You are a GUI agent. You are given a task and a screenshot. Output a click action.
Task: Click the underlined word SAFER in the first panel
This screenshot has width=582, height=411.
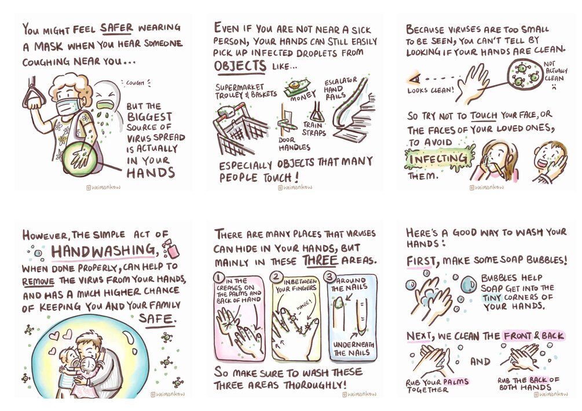click(116, 28)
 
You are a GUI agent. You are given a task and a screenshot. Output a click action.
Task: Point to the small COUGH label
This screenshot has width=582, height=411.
click(135, 83)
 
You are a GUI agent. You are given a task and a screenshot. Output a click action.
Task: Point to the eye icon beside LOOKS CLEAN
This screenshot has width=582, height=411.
click(415, 79)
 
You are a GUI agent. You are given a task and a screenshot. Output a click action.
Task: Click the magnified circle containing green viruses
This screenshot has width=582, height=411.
click(525, 73)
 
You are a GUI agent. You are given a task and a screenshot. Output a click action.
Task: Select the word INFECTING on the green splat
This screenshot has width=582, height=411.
click(438, 159)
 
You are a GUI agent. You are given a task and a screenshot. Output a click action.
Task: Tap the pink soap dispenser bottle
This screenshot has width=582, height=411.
click(172, 248)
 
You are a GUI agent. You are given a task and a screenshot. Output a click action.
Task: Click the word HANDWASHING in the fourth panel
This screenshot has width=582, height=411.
click(103, 251)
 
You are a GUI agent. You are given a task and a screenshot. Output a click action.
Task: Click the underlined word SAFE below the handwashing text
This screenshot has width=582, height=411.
click(156, 319)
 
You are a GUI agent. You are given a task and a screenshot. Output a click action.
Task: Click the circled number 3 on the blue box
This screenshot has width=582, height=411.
click(330, 277)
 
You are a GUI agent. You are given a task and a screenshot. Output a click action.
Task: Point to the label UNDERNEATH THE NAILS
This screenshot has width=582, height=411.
click(353, 348)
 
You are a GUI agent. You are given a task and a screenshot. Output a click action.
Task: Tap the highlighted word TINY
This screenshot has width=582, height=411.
click(492, 298)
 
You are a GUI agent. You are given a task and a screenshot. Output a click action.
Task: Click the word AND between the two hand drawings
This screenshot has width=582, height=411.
click(480, 361)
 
